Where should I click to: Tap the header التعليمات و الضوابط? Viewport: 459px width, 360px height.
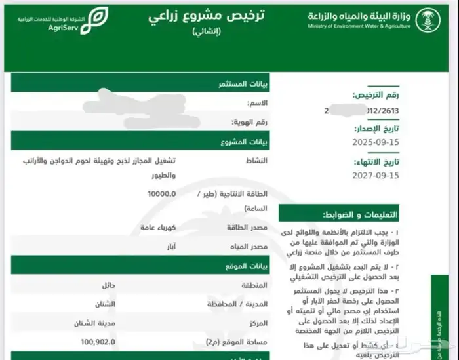click(x=360, y=215)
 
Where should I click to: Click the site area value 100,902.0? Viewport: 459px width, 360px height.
click(x=98, y=342)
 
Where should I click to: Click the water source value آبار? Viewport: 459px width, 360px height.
click(x=168, y=246)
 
